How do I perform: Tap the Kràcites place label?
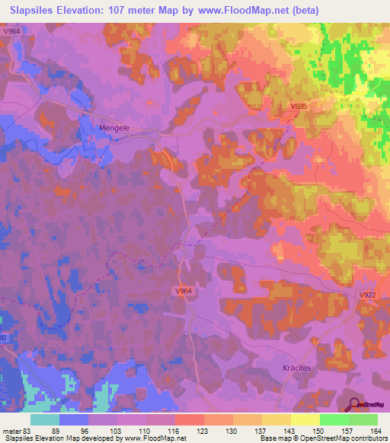click(x=292, y=367)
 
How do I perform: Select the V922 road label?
click(x=369, y=294)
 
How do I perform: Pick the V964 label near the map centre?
click(x=183, y=291)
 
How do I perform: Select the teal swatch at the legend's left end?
click(x=45, y=419)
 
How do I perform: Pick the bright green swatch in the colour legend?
click(x=333, y=419)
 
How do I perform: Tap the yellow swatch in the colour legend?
click(x=305, y=419)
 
